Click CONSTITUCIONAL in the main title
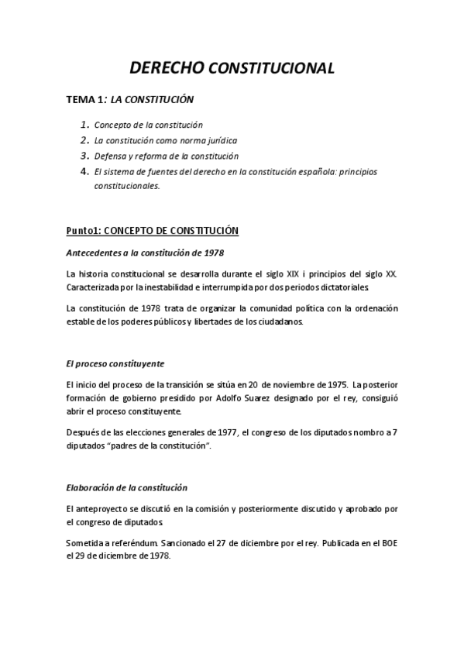click(272, 69)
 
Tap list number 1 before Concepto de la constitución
click(85, 124)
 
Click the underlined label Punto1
click(84, 231)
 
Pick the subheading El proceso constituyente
click(115, 363)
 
